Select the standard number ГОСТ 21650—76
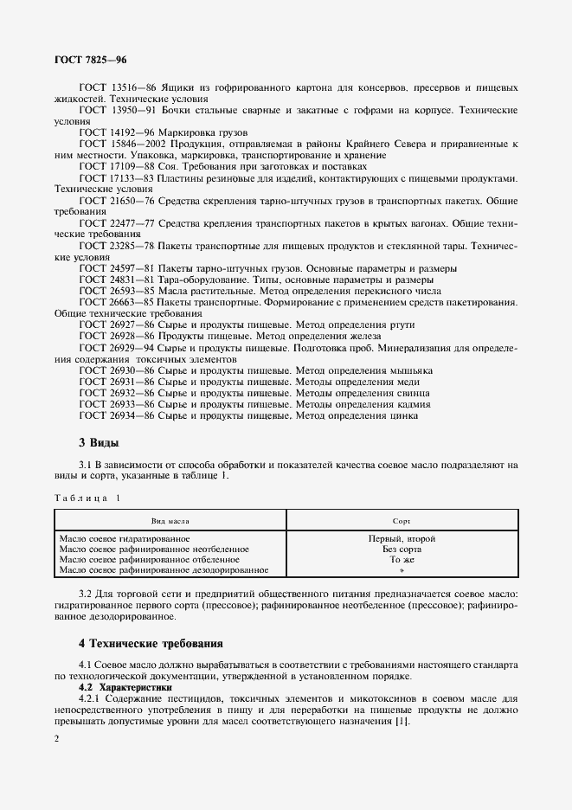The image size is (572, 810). (116, 200)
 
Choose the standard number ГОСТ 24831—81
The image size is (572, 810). (116, 280)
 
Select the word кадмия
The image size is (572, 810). (411, 403)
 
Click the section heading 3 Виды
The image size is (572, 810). (99, 442)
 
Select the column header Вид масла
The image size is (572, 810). (170, 522)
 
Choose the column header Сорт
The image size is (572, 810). (402, 522)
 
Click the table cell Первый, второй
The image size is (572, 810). (402, 538)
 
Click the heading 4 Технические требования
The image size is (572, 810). (151, 644)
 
